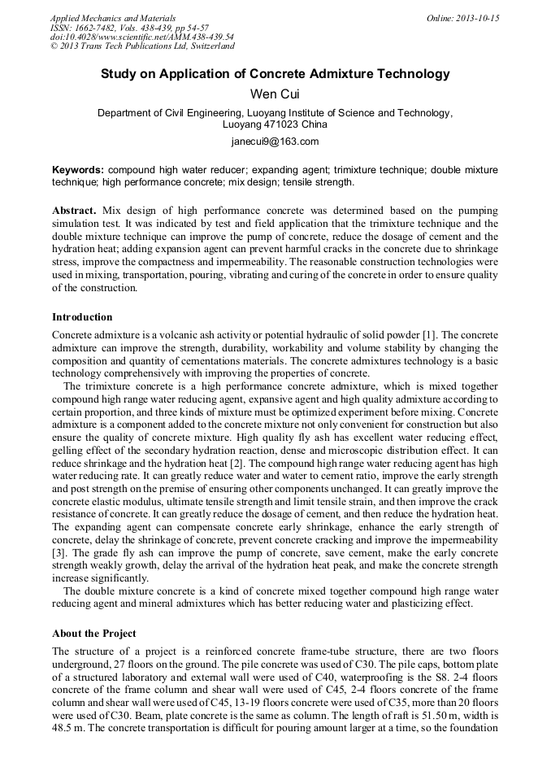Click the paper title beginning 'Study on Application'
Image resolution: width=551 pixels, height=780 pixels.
(x=275, y=74)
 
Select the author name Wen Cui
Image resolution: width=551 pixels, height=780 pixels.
(x=275, y=94)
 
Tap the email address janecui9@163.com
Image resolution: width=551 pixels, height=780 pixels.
(x=275, y=142)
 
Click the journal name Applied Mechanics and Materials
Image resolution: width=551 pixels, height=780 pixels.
(x=113, y=18)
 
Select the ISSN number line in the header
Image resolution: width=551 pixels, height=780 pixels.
(x=129, y=28)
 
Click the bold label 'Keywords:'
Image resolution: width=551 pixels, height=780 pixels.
(x=78, y=170)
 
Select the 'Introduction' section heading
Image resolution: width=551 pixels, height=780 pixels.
(x=82, y=316)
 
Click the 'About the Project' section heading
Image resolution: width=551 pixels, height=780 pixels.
(x=93, y=633)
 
